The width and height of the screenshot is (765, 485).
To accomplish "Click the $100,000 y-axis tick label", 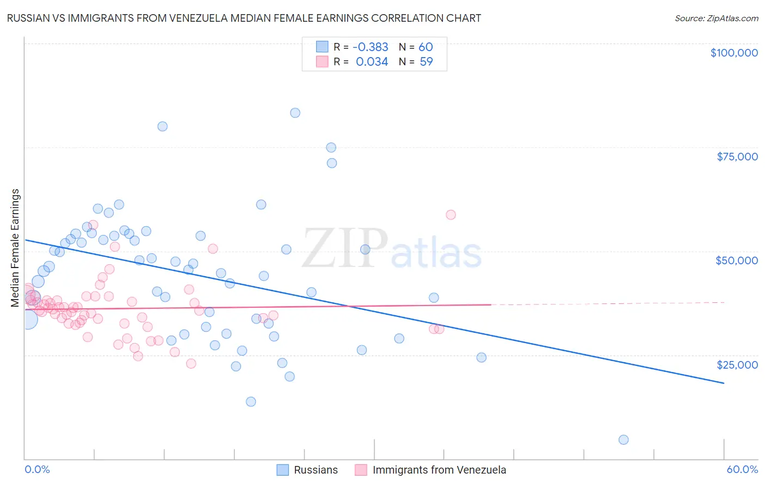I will pyautogui.click(x=733, y=53).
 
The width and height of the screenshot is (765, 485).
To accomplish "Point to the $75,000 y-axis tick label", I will pyautogui.click(x=737, y=157).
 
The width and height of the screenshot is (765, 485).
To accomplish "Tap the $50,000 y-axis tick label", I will pyautogui.click(x=736, y=260).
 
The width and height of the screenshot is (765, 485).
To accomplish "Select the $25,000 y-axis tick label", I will pyautogui.click(x=737, y=365).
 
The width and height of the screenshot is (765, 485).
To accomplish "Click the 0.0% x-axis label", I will pyautogui.click(x=37, y=469).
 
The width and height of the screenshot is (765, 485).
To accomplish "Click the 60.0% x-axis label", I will pyautogui.click(x=742, y=469).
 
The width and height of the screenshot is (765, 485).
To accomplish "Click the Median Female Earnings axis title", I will pyautogui.click(x=15, y=248).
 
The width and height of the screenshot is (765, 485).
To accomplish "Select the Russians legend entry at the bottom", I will pyautogui.click(x=307, y=470).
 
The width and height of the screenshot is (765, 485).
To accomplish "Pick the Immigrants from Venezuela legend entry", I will pyautogui.click(x=430, y=470).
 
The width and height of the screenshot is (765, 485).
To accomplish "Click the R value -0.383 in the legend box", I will pyautogui.click(x=370, y=47).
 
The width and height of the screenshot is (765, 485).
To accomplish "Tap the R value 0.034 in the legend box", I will pyautogui.click(x=372, y=62).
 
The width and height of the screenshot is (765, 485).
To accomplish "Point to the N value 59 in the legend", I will pyautogui.click(x=426, y=62).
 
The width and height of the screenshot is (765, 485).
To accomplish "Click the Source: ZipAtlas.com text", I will pyautogui.click(x=716, y=18).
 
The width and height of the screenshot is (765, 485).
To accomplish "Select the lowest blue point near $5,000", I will pyautogui.click(x=624, y=440).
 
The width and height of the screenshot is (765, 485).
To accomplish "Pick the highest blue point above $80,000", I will pyautogui.click(x=295, y=113).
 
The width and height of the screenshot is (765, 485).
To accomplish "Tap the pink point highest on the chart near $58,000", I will pyautogui.click(x=451, y=215).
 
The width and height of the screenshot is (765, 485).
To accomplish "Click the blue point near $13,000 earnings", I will pyautogui.click(x=251, y=402).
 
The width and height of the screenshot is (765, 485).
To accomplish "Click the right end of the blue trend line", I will pyautogui.click(x=723, y=383).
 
